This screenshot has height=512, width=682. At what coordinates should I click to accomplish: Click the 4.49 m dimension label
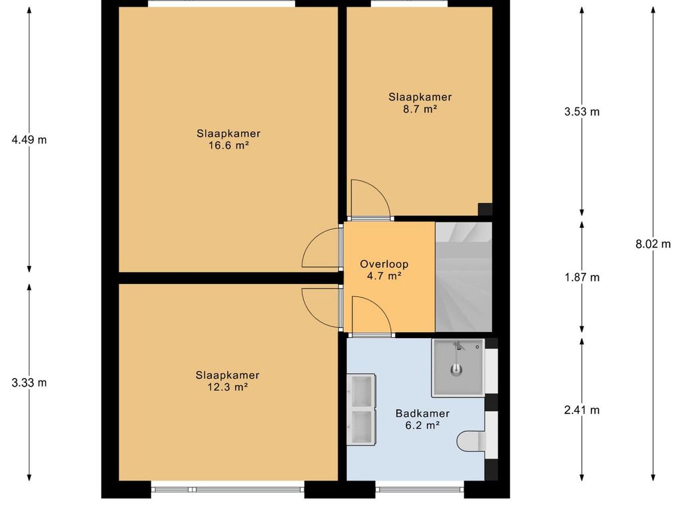click(29, 140)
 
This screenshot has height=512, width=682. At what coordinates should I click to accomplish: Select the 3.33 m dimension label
click(29, 383)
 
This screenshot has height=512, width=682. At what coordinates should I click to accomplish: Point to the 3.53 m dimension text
click(582, 112)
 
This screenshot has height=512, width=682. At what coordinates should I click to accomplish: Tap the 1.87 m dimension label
click(582, 277)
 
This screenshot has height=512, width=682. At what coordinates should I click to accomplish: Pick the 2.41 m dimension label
click(582, 410)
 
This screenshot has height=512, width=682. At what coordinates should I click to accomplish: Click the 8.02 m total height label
click(653, 244)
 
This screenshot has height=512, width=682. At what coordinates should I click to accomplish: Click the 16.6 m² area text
click(228, 145)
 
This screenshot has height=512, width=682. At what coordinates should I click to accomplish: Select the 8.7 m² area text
click(420, 109)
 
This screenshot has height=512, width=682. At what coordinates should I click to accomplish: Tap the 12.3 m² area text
click(228, 387)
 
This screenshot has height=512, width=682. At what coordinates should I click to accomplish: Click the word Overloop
click(384, 264)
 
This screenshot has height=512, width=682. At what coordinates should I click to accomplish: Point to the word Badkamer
click(422, 413)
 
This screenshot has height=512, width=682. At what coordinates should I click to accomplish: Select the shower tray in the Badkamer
click(458, 368)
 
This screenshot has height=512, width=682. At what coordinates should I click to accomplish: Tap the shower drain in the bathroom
click(456, 370)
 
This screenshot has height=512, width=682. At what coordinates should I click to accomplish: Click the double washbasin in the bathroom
click(361, 409)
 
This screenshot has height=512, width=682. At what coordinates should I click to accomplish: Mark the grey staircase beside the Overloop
click(464, 277)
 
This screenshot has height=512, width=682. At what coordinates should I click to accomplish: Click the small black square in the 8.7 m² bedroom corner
click(486, 209)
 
